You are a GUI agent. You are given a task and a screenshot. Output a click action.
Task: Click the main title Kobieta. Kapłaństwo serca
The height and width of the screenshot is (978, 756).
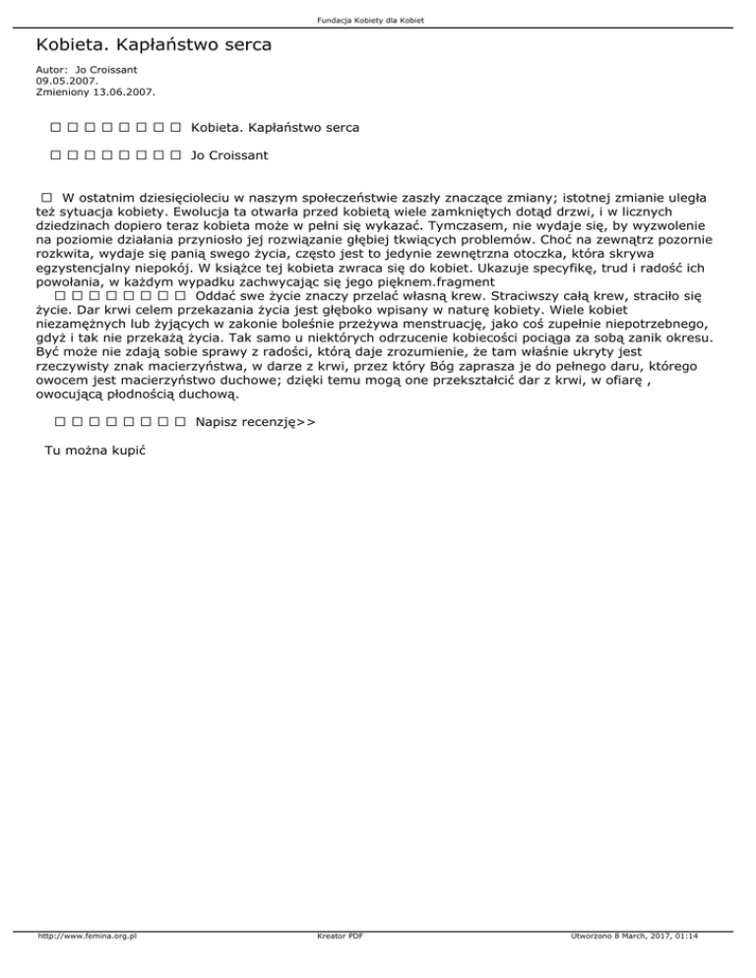click(154, 45)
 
